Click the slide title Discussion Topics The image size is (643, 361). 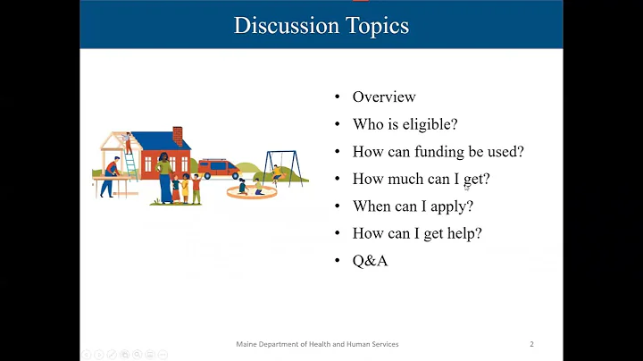pos(321,25)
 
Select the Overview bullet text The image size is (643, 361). pos(384,97)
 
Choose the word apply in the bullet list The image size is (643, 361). pos(450,206)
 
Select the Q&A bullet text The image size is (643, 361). pos(370,260)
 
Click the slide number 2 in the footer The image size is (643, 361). pos(531,344)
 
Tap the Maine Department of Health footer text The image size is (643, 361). pos(317,344)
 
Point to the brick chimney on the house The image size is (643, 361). pos(177,136)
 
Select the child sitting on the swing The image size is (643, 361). pos(277,172)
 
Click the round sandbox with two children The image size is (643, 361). pos(247,189)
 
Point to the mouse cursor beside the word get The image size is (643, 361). pos(467,186)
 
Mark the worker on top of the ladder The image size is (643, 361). pos(129,141)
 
